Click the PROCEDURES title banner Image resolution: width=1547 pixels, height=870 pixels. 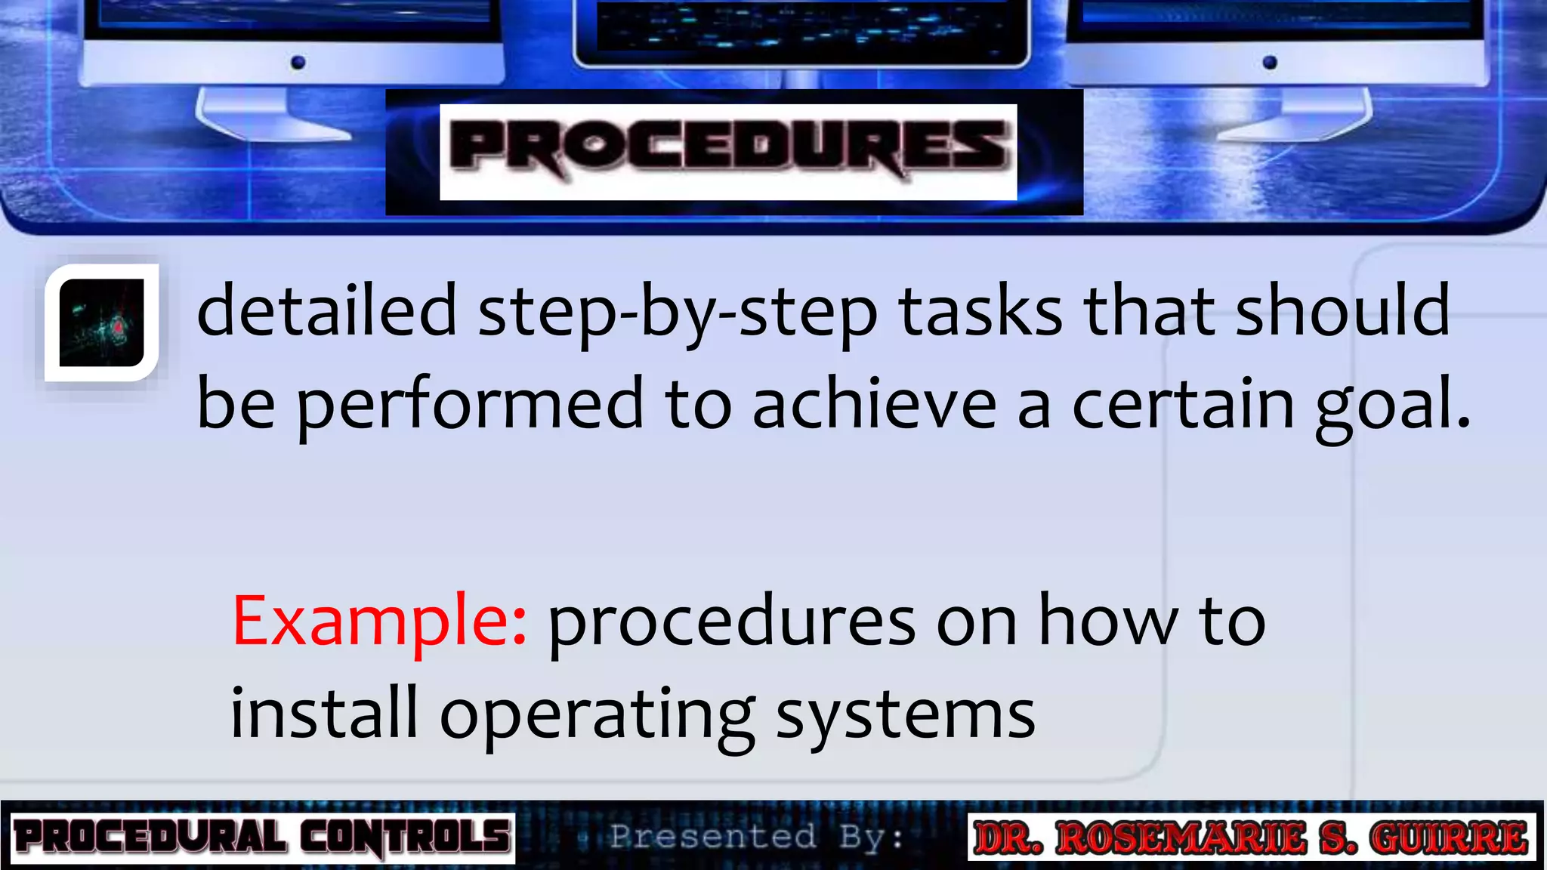728,151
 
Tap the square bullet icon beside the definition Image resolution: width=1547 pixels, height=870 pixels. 102,322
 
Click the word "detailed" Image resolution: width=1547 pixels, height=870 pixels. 327,310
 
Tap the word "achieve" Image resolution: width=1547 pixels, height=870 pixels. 874,404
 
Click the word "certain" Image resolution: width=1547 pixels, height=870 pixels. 1183,404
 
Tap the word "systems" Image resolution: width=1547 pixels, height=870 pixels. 905,714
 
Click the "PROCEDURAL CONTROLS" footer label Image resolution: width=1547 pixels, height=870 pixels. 262,838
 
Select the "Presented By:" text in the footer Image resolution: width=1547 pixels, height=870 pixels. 756,837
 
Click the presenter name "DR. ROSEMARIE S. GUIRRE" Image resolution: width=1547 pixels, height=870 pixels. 1251,838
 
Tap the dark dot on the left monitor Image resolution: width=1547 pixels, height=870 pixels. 298,62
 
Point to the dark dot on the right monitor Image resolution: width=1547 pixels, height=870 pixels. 1270,62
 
